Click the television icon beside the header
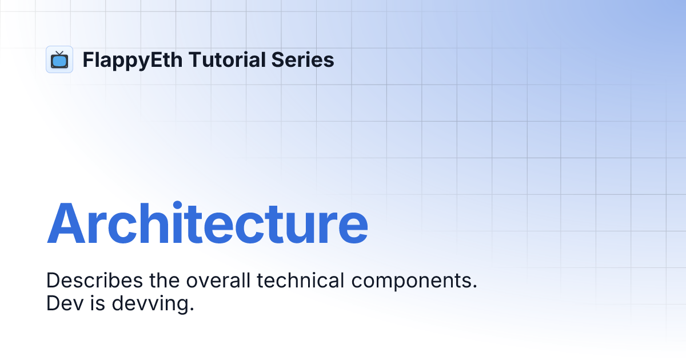[59, 59]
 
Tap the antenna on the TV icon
[59, 53]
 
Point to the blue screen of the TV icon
[59, 61]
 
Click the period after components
[474, 287]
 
